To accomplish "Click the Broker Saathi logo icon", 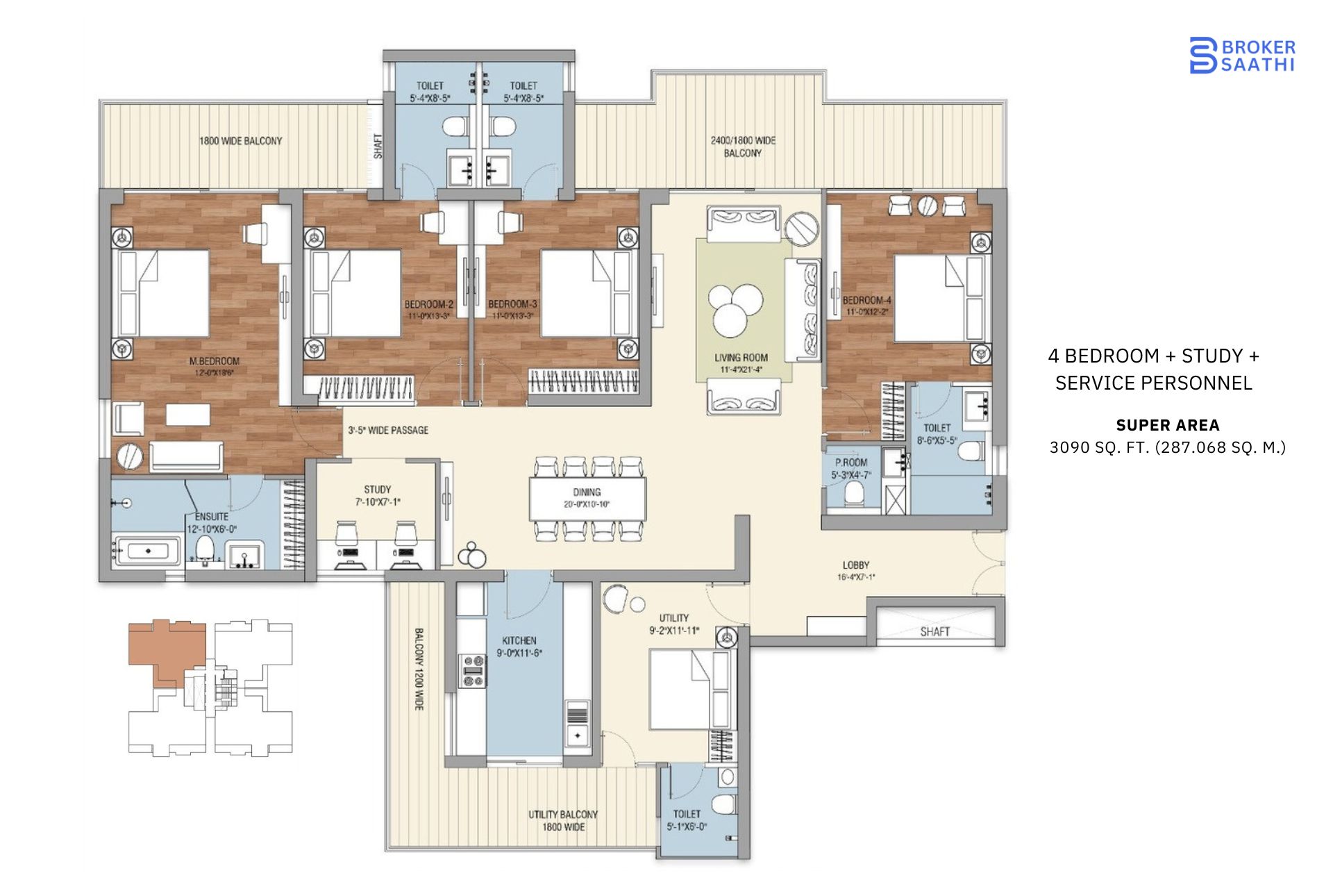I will tap(1202, 56).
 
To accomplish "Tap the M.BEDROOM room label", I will tap(214, 361).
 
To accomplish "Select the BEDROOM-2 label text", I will tap(428, 304).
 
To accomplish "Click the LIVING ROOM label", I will tap(741, 358).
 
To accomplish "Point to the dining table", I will tap(587, 497).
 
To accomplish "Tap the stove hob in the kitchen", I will tap(474, 671).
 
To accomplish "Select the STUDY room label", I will tap(377, 490).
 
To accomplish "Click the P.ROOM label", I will tap(850, 463).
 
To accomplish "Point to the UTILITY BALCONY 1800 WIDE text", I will tap(563, 820).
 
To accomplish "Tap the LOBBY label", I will tap(855, 565).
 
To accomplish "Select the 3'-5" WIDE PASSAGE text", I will tap(388, 431).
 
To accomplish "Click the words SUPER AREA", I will tap(1167, 425).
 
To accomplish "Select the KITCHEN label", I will tap(519, 640).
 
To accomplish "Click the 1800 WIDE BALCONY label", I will tap(240, 141).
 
